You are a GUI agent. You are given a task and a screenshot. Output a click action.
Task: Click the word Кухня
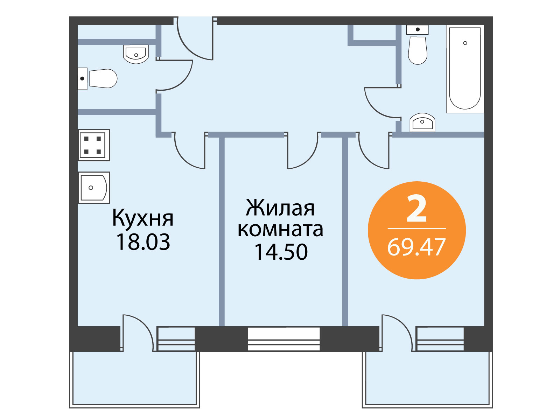coord(143,218)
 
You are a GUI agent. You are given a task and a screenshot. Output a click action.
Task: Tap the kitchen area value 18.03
coord(143,242)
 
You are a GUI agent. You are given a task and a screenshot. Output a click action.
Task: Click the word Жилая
coord(280,208)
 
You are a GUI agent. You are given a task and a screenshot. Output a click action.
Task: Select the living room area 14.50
coord(281,252)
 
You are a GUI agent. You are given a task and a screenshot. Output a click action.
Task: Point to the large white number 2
coord(416,208)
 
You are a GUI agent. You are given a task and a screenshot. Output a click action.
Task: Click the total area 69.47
coord(416,247)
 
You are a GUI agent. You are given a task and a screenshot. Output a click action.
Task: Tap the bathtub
coord(465,69)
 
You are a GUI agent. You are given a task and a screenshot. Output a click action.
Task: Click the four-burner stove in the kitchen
coord(94,145)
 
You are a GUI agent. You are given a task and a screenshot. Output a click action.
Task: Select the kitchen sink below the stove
coord(94,188)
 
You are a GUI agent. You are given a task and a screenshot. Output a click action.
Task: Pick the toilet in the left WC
coord(97,78)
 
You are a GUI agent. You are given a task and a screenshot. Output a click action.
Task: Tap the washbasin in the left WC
coord(136,54)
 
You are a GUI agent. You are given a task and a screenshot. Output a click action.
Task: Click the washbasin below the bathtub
coord(422,122)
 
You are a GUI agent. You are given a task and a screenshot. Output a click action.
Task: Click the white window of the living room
coord(283,339)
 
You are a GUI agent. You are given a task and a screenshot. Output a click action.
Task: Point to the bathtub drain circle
coord(465,43)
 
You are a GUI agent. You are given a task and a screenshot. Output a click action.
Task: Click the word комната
coord(280,230)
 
